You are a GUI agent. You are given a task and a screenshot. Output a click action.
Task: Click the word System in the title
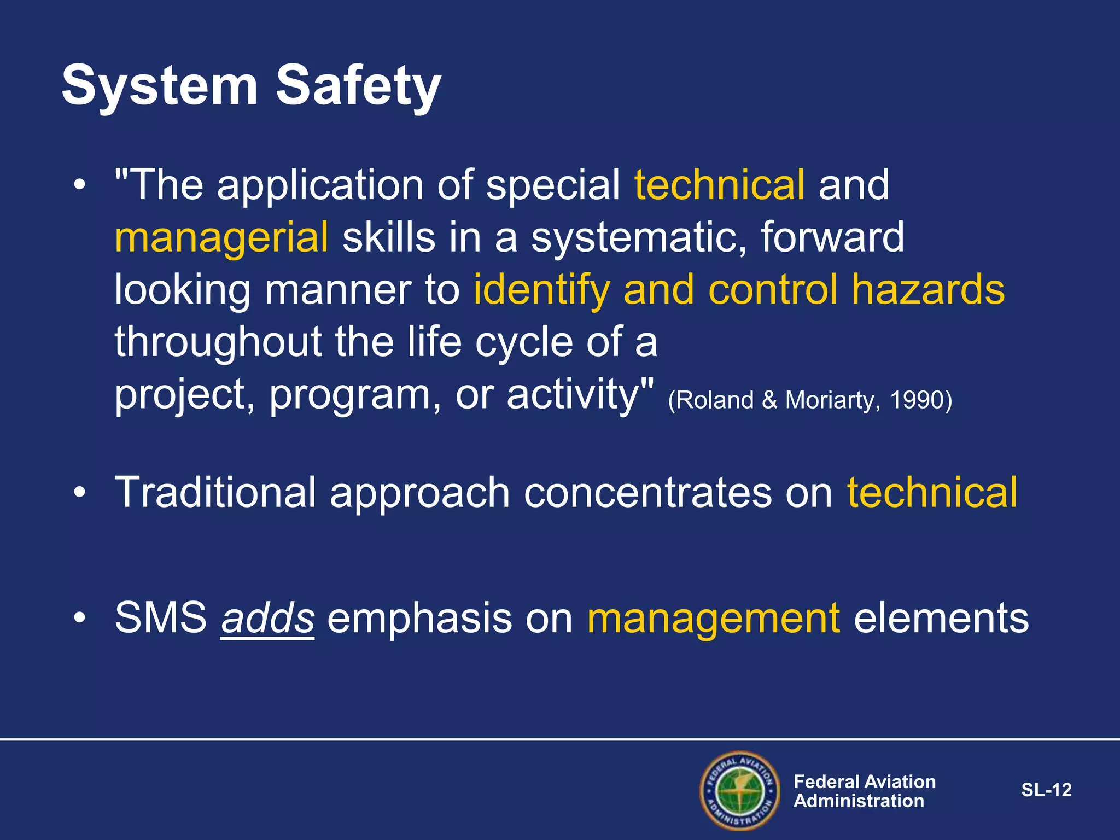coord(159,86)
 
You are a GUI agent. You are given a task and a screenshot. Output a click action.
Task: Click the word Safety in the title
coord(358,86)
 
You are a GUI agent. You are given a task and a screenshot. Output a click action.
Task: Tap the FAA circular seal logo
coord(739,790)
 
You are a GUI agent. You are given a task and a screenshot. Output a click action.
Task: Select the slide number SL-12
coord(1046,790)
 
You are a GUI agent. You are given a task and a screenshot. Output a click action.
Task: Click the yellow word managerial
coord(221,238)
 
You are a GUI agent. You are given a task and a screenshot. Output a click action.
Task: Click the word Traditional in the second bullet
coord(215,492)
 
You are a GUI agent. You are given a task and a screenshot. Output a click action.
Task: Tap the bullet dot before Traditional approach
coord(80,492)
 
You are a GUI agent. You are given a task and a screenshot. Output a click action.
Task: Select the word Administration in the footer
coord(859,801)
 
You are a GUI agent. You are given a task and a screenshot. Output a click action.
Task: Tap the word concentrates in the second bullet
coord(647,492)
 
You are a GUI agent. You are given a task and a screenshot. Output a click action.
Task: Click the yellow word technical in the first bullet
coord(719,185)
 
